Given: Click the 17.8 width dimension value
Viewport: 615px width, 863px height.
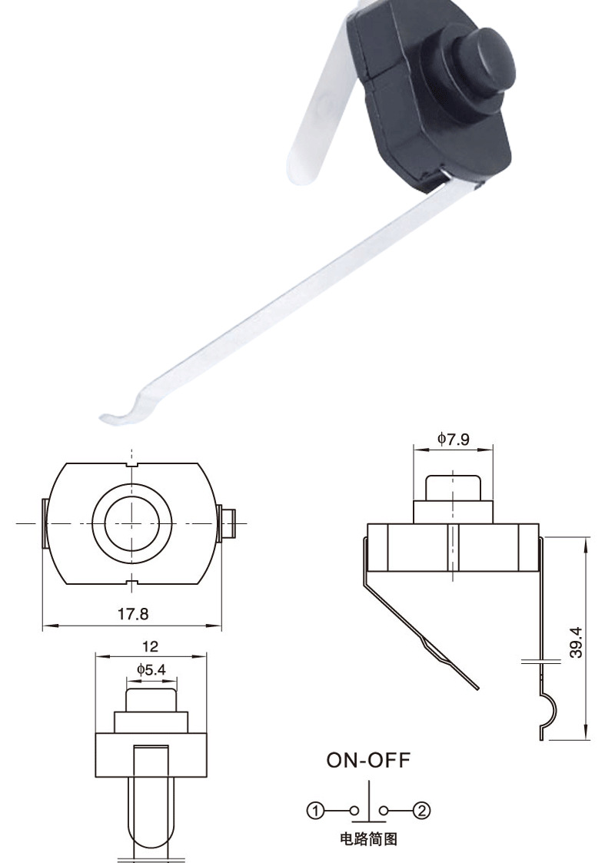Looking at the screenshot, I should point(132,614).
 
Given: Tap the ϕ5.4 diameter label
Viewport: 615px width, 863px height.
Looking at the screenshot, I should point(151,669).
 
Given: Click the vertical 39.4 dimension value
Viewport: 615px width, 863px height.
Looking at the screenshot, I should point(577,642).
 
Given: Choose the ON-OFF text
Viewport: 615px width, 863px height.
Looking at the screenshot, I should point(369,760).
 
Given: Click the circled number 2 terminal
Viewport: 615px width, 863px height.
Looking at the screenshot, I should point(422,810).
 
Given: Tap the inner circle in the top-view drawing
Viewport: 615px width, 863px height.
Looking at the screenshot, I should point(131,523).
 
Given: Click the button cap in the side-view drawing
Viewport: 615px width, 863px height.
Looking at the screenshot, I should point(454,487).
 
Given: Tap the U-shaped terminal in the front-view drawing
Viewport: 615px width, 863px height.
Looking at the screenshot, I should point(151,799).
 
